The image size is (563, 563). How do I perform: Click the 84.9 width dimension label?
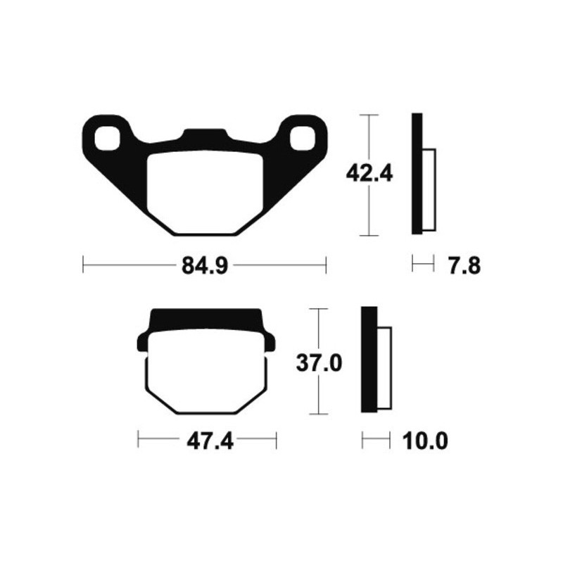204,266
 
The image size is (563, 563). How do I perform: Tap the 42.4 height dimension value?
368,173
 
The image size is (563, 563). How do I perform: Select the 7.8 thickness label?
463,266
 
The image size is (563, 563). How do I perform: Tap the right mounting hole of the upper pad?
303,137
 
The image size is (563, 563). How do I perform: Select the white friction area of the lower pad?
206,380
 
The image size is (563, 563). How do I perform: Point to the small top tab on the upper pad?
204,134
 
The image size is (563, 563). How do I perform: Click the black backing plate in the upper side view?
417,174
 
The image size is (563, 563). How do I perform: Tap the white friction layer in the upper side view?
430,190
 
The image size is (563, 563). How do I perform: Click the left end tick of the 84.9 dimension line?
83,266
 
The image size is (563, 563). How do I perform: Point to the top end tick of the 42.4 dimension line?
368,114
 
